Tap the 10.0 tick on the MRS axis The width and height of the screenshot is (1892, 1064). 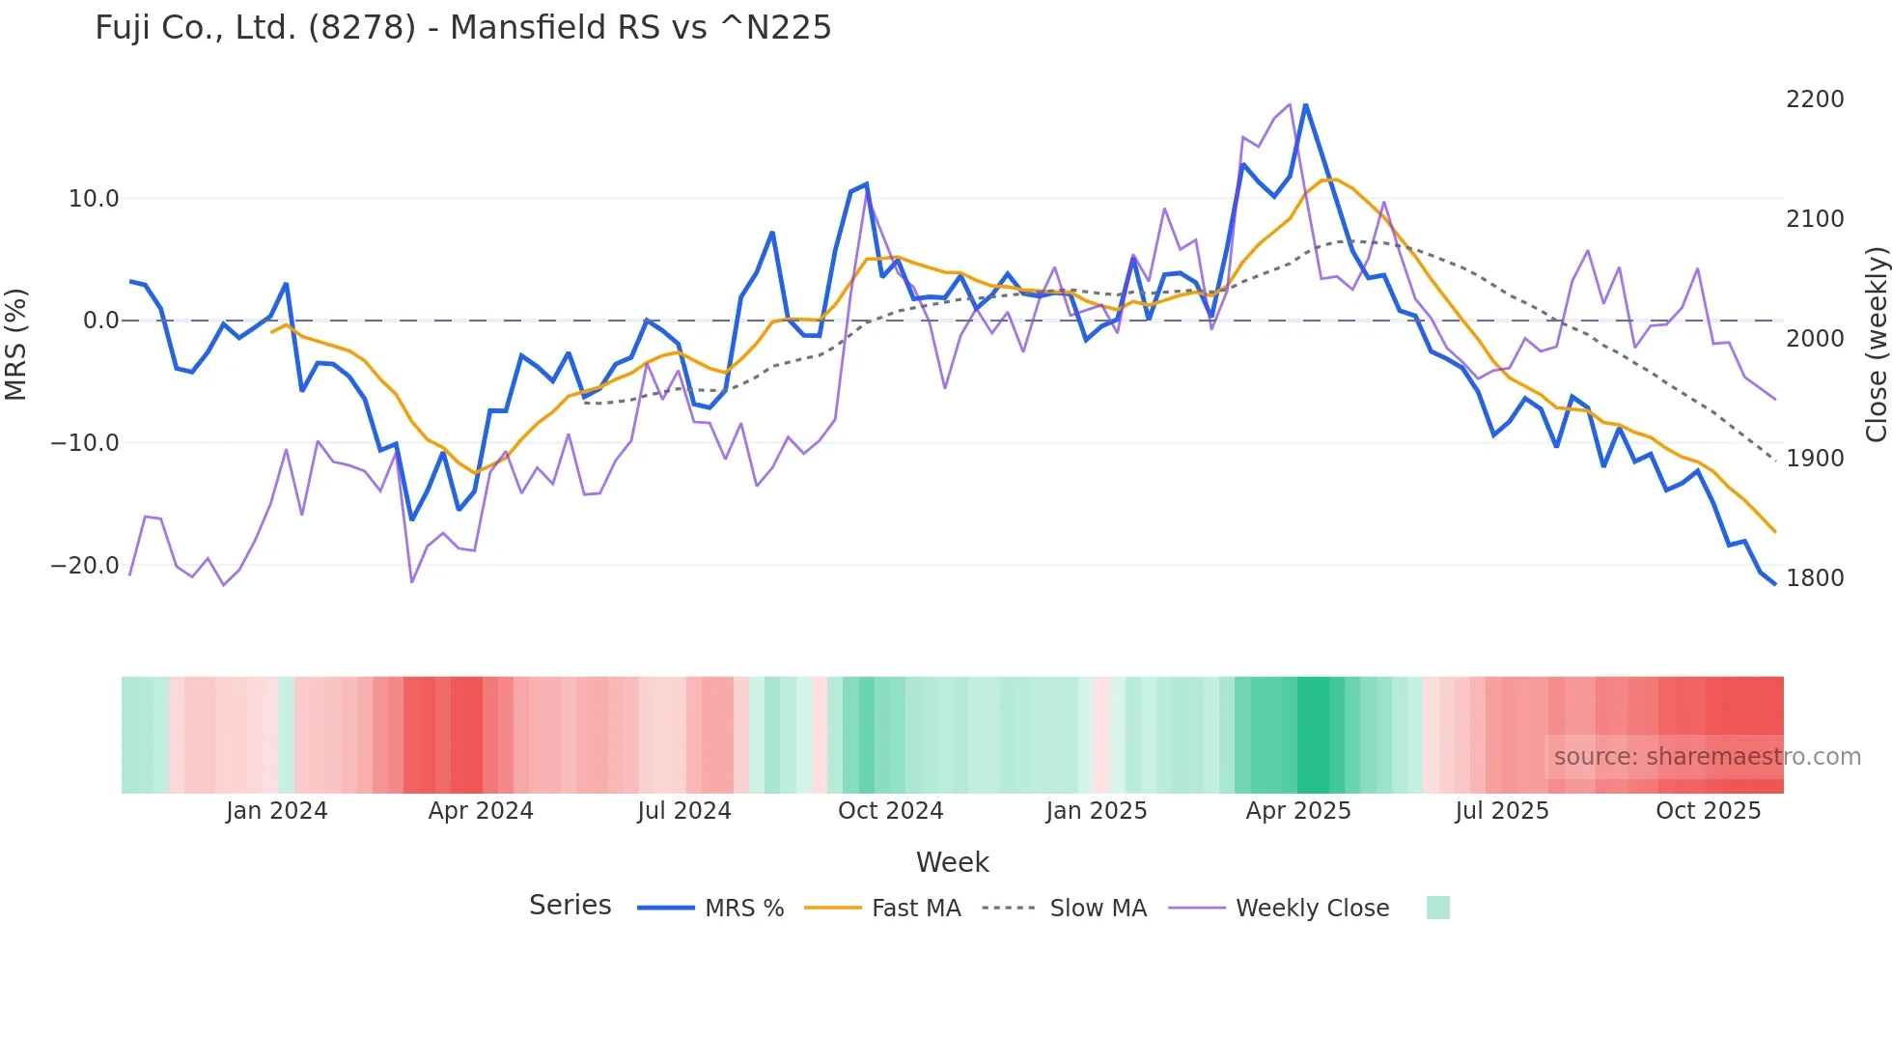94,199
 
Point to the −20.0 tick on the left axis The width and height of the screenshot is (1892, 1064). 85,566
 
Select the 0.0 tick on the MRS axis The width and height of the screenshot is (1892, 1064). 101,321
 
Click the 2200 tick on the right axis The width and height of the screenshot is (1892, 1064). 1815,99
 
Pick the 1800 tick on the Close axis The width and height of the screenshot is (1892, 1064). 1815,578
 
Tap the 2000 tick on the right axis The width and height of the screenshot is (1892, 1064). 1815,339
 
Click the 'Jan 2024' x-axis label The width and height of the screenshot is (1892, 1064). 277,811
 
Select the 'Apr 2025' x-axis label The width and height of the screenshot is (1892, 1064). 1298,811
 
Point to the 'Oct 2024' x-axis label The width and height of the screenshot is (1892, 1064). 890,811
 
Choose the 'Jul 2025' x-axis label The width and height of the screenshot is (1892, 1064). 1502,811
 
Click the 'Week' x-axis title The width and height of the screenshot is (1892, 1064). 952,862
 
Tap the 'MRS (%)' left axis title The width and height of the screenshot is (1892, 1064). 16,344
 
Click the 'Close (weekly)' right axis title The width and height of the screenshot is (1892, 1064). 1876,345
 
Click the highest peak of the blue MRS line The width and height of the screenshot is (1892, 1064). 1305,105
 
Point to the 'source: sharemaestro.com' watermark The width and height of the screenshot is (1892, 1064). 1707,757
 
